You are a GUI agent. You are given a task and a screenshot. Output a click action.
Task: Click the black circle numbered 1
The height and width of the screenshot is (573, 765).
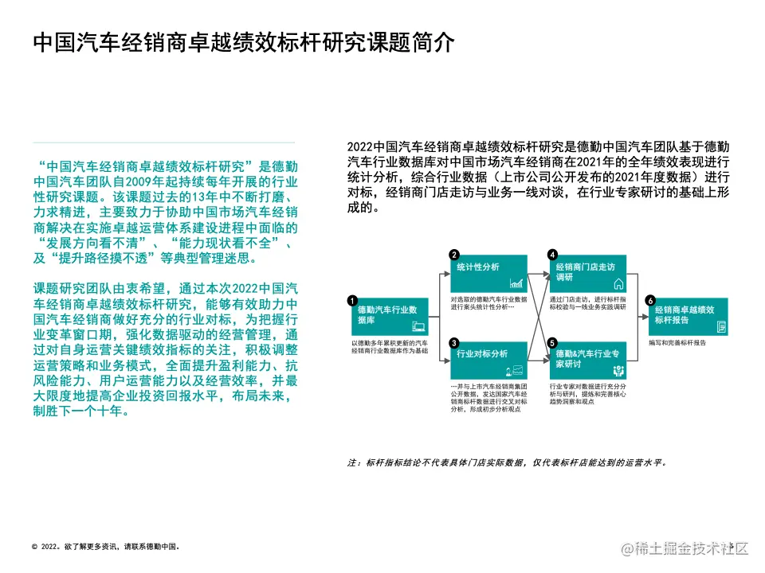pyautogui.click(x=352, y=301)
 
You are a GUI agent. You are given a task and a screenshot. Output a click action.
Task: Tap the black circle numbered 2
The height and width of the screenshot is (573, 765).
pyautogui.click(x=453, y=255)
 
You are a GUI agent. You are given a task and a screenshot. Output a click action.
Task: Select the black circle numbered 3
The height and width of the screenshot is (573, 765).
pyautogui.click(x=453, y=343)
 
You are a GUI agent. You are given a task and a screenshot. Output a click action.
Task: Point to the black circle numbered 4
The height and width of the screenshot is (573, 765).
pyautogui.click(x=552, y=255)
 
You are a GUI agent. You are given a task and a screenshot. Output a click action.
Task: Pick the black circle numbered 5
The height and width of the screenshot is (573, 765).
pyautogui.click(x=552, y=343)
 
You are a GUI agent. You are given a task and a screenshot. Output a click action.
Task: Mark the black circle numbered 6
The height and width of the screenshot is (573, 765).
pyautogui.click(x=650, y=301)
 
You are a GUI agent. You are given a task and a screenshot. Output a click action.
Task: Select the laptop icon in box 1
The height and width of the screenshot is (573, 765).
pyautogui.click(x=419, y=325)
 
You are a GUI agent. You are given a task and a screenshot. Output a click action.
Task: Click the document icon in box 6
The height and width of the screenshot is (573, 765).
pyautogui.click(x=720, y=326)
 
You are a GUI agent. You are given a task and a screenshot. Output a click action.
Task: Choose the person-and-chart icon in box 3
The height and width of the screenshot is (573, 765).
pyautogui.click(x=518, y=371)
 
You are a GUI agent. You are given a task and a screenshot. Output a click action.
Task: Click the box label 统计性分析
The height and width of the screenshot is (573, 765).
pyautogui.click(x=478, y=267)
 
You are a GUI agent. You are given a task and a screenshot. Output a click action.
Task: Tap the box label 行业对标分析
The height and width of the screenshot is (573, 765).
pyautogui.click(x=482, y=353)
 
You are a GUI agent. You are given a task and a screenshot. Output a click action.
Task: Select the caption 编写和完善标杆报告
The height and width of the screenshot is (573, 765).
pyautogui.click(x=677, y=343)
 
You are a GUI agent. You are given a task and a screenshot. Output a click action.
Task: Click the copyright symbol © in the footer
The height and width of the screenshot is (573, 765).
pyautogui.click(x=35, y=547)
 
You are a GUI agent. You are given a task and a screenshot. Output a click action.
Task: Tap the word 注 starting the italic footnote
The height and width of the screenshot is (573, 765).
pyautogui.click(x=352, y=462)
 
